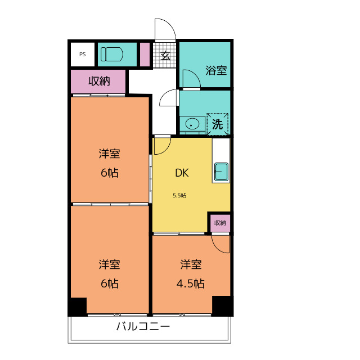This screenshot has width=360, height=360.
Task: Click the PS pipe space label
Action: pos(83,55)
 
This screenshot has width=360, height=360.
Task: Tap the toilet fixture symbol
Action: pos(111,54)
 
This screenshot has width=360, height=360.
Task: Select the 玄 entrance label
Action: pos(165,55)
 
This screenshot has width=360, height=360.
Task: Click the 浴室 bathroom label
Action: pos(216,70)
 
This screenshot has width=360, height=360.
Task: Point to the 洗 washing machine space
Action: pos(217,124)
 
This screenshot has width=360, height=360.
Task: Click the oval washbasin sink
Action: pos(192,124)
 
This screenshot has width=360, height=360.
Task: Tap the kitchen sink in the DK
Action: pos(221,172)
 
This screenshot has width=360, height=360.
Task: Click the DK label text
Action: pos(182,173)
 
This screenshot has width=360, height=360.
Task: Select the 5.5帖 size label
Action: pos(179,196)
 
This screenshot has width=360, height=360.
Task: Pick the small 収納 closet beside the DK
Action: pos(220,223)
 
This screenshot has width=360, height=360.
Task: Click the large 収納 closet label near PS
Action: pos(100,81)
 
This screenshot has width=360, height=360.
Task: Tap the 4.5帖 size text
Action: pos(190,283)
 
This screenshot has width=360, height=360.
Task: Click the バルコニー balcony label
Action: pos(143,326)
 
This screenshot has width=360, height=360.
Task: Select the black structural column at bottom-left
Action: pos(78,307)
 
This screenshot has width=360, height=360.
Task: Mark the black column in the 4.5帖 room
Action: pos(222,306)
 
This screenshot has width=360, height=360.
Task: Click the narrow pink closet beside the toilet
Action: pos(145,55)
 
